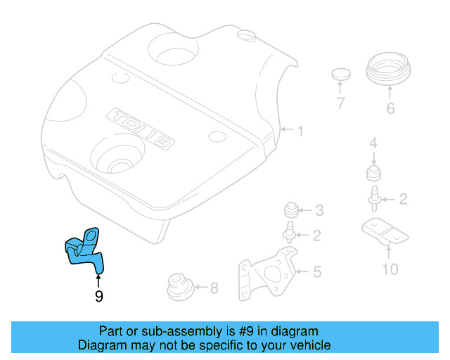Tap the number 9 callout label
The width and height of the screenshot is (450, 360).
pyautogui.click(x=98, y=297)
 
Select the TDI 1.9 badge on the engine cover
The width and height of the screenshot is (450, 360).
pyautogui.click(x=141, y=129)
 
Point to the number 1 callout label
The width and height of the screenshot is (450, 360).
pyautogui.click(x=300, y=131)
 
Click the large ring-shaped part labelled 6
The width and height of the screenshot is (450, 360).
pyautogui.click(x=390, y=71)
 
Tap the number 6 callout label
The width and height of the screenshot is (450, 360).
pyautogui.click(x=390, y=109)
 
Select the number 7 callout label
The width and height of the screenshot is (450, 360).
pyautogui.click(x=341, y=104)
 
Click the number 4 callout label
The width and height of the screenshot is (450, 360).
pyautogui.click(x=373, y=144)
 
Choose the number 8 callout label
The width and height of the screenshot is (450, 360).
pyautogui.click(x=214, y=287)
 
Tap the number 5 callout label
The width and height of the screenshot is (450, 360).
pyautogui.click(x=317, y=270)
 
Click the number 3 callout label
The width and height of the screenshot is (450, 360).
pyautogui.click(x=319, y=210)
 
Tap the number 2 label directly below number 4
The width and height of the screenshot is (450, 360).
pyautogui.click(x=403, y=199)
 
